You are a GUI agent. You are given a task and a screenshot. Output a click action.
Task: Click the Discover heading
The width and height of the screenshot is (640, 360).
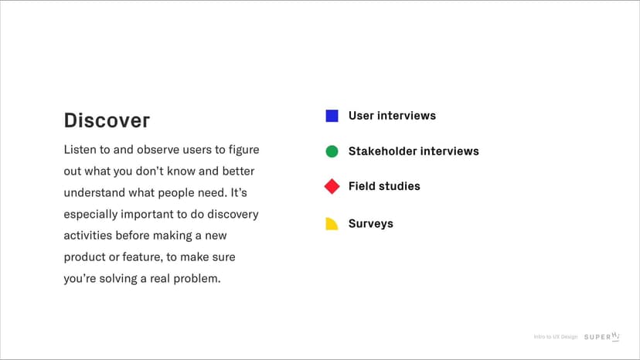(107, 121)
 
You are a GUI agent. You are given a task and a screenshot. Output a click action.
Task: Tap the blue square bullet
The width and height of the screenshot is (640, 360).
(332, 116)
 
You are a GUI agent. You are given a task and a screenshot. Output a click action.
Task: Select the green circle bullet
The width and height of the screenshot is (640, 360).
(332, 151)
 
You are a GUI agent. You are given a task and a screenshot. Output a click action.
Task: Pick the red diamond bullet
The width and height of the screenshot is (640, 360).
(332, 186)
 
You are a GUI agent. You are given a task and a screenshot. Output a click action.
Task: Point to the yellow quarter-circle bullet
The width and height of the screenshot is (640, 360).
(331, 225)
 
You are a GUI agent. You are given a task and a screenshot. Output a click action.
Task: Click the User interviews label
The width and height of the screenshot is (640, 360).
(392, 116)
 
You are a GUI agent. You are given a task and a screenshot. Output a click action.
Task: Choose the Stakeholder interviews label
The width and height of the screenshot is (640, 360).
(414, 151)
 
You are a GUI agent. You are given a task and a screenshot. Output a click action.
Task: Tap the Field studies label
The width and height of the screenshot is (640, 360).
(384, 186)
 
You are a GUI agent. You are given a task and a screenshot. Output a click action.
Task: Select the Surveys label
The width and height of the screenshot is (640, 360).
(370, 224)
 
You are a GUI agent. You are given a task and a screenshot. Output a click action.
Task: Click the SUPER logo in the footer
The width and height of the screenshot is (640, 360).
(601, 337)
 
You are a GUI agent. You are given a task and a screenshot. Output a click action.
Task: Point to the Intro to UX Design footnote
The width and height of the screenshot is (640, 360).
(556, 337)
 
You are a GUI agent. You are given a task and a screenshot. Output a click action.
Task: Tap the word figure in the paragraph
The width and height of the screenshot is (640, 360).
(243, 150)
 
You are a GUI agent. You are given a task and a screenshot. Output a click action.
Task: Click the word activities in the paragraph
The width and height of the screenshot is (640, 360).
(88, 236)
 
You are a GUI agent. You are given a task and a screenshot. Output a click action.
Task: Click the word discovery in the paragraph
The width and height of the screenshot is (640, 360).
(233, 215)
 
